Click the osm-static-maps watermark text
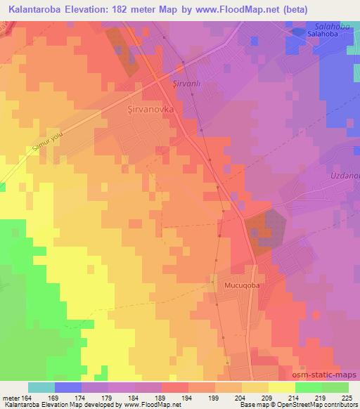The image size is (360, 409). tap(328, 375)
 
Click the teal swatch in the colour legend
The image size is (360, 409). tap(41, 387)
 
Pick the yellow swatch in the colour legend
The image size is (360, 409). tap(281, 387)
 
